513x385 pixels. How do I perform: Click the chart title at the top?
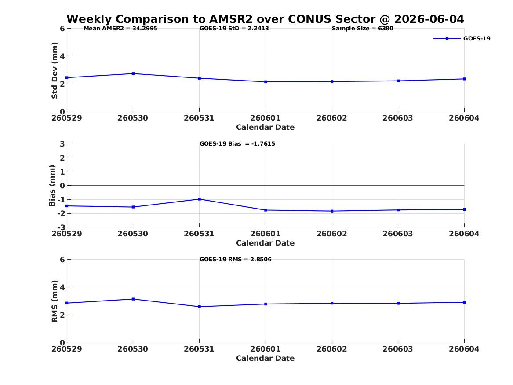click(265, 19)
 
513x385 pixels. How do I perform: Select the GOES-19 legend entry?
click(462, 38)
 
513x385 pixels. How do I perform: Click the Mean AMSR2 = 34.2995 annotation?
click(120, 29)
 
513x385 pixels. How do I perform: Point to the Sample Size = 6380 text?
click(363, 29)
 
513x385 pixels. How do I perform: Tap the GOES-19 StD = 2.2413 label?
click(234, 29)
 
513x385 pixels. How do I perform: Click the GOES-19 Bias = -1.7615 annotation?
click(237, 144)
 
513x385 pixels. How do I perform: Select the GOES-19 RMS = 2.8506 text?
click(236, 259)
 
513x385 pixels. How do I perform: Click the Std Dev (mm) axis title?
click(55, 70)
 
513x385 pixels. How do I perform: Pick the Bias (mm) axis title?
click(52, 186)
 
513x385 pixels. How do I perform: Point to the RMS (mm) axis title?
click(55, 301)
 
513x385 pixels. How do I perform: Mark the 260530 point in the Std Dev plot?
click(133, 73)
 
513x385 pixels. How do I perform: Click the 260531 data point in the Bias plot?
click(200, 199)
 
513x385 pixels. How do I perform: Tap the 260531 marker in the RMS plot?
click(200, 307)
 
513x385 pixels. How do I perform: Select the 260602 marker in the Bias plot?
click(332, 211)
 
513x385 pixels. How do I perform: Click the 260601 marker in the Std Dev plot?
click(266, 82)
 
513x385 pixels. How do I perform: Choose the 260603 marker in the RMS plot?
click(398, 304)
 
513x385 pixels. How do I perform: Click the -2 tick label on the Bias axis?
click(61, 213)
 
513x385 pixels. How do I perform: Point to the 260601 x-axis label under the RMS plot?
click(266, 349)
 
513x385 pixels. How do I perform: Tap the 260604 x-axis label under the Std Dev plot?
click(464, 118)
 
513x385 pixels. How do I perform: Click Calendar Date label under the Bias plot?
click(266, 243)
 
